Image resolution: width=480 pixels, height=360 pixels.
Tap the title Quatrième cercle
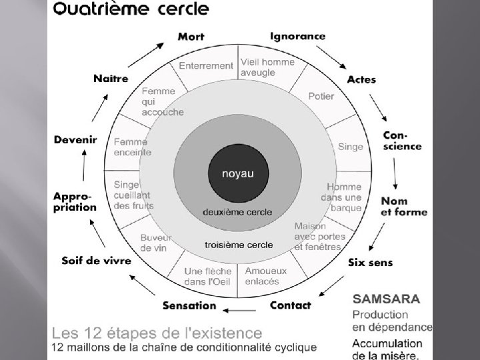point(131,10)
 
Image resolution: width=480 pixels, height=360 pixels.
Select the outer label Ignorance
point(297,36)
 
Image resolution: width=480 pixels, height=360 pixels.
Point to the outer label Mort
point(191,37)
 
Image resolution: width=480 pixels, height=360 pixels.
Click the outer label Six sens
point(371,263)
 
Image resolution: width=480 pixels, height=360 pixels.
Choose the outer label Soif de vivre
point(97,260)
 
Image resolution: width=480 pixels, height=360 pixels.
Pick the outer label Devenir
point(75,140)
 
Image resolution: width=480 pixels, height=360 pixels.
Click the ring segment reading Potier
point(321,96)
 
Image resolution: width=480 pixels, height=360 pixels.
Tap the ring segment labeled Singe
point(351,147)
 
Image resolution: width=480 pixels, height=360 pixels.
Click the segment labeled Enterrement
point(206,66)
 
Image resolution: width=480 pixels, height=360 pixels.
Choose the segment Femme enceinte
point(132,147)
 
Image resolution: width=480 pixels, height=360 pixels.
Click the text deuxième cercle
point(238,212)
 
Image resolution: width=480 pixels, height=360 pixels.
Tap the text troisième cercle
point(238,245)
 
